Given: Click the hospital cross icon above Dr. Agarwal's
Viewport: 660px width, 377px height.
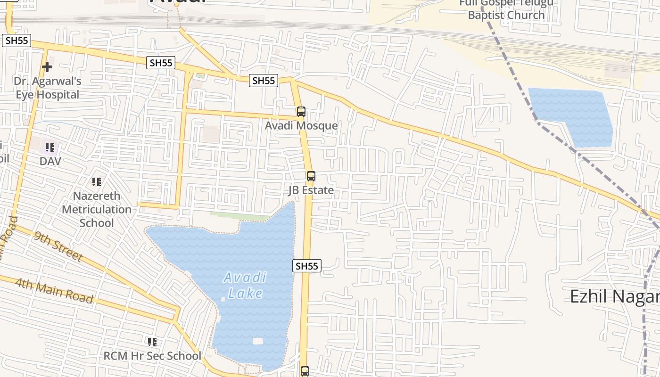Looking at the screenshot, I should click(x=47, y=67).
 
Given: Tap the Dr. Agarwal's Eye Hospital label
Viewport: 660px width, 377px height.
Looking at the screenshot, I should click(x=47, y=88).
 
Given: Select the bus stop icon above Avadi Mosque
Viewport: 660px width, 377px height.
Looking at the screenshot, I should click(x=301, y=112).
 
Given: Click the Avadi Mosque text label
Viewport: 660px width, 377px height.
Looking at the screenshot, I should click(x=301, y=125).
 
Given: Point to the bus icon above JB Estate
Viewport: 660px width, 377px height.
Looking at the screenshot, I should click(x=311, y=176).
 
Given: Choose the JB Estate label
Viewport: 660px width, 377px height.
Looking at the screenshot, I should click(x=311, y=190).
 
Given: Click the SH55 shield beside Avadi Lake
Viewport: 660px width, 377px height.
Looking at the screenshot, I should click(x=307, y=266).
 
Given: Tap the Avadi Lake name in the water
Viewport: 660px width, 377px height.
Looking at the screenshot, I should click(x=245, y=285).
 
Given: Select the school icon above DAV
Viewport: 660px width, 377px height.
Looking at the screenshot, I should click(x=50, y=148).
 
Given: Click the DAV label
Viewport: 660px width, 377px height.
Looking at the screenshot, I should click(x=50, y=161).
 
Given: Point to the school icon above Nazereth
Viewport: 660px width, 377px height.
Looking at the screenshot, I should click(x=97, y=182).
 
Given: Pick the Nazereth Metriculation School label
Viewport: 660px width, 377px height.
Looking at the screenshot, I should click(x=97, y=209).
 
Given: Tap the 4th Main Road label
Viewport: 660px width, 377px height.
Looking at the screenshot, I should click(x=54, y=291).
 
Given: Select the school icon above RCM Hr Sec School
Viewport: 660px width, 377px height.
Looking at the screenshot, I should click(x=152, y=342).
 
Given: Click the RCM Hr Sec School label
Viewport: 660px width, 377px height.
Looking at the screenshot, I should click(x=152, y=355).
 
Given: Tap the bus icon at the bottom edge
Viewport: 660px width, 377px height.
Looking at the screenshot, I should click(x=305, y=371).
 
